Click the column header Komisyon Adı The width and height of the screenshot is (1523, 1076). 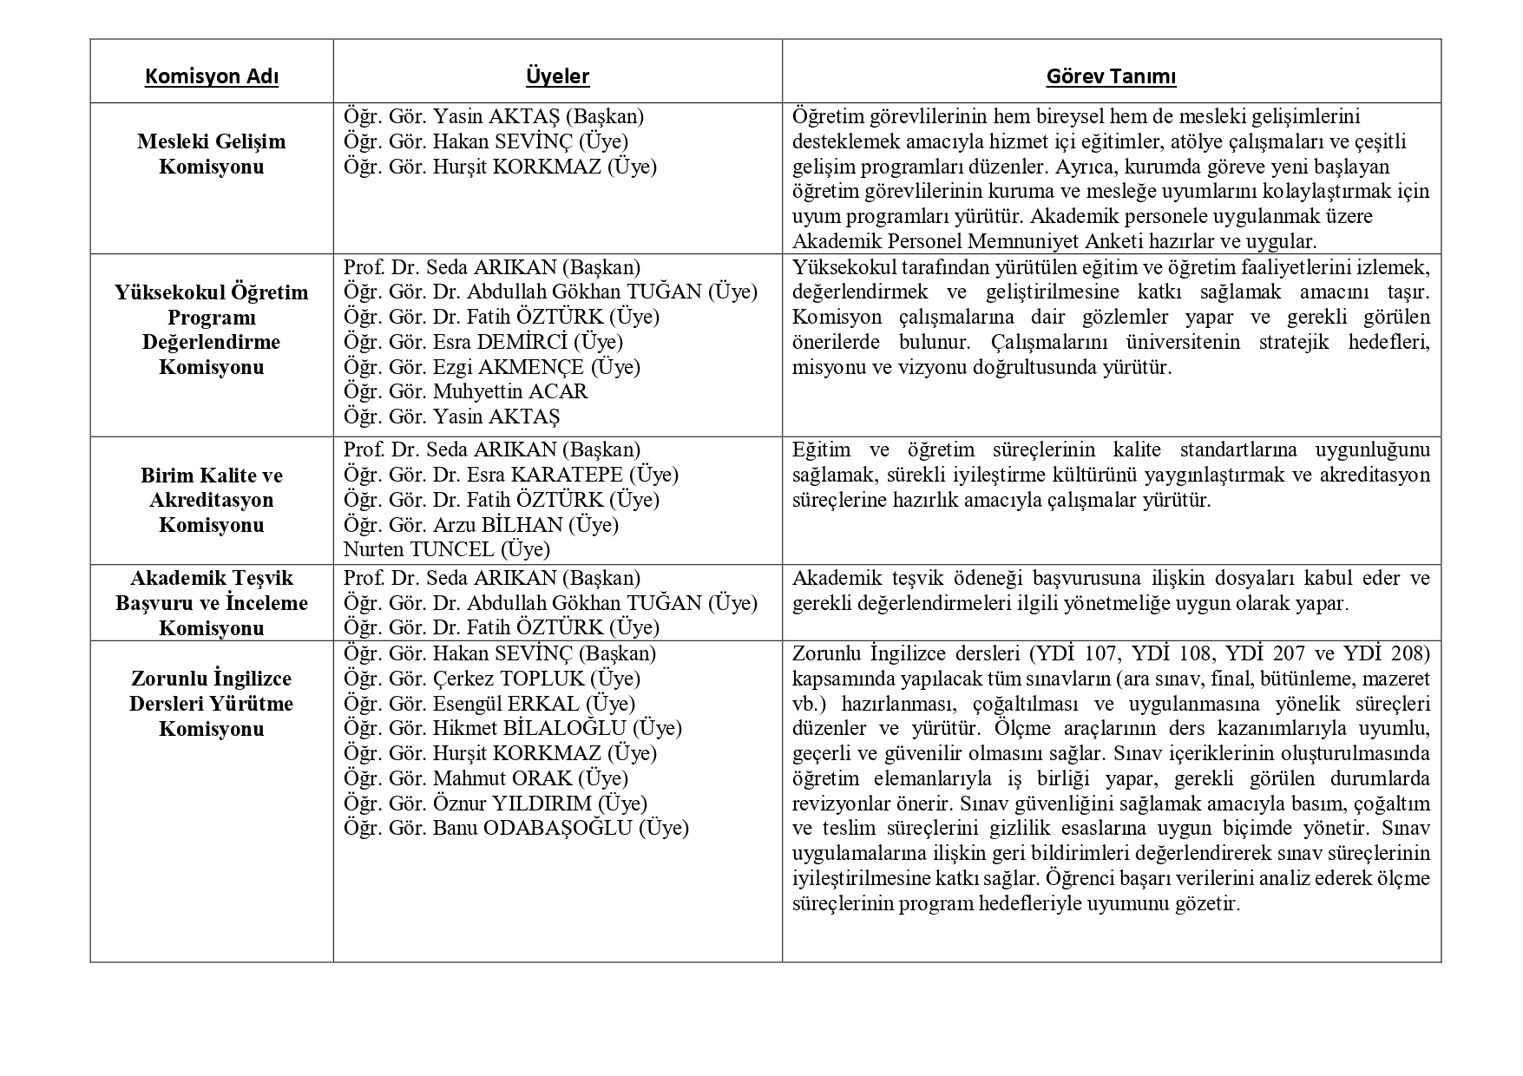click(x=212, y=76)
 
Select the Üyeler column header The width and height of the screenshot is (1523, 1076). click(x=557, y=76)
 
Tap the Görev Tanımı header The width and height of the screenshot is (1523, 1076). click(x=1111, y=76)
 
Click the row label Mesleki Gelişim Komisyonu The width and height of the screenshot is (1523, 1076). click(x=212, y=154)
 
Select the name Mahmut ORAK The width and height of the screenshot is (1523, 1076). click(x=502, y=778)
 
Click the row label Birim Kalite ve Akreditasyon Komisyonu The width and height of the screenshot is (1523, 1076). click(x=212, y=500)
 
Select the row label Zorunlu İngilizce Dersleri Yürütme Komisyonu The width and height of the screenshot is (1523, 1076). click(x=212, y=704)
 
